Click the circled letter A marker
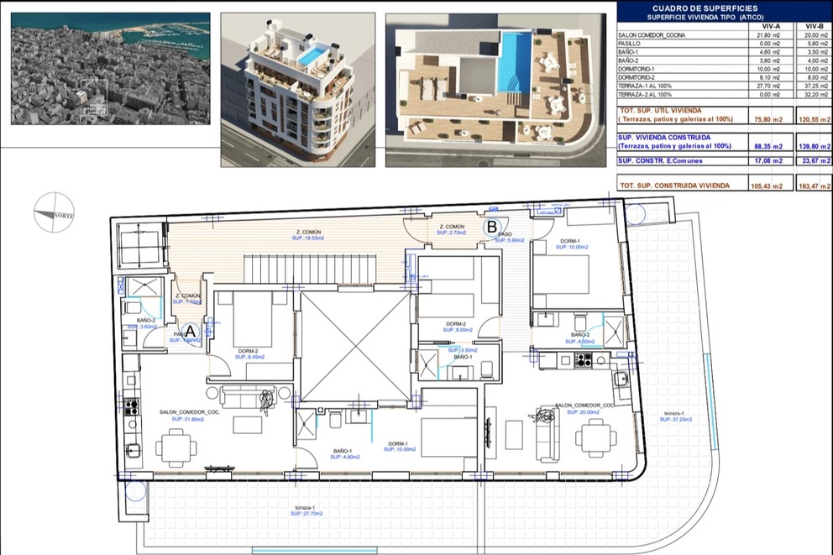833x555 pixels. pos(190,332)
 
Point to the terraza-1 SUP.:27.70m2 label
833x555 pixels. pos(305,512)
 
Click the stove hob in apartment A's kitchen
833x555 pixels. pos(131,406)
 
